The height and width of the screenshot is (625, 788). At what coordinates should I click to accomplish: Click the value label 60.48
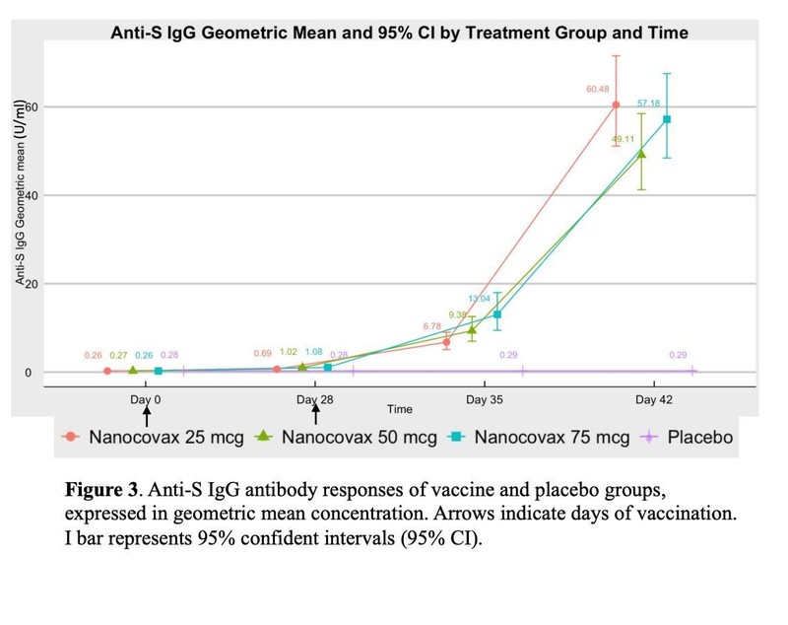[598, 90]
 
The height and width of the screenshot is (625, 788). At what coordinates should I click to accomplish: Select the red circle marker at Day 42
[616, 104]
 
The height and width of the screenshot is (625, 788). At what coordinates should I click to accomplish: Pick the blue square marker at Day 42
[667, 119]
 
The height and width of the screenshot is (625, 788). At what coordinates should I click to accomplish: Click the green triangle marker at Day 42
[641, 154]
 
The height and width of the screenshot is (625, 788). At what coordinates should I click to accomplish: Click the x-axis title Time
[400, 408]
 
